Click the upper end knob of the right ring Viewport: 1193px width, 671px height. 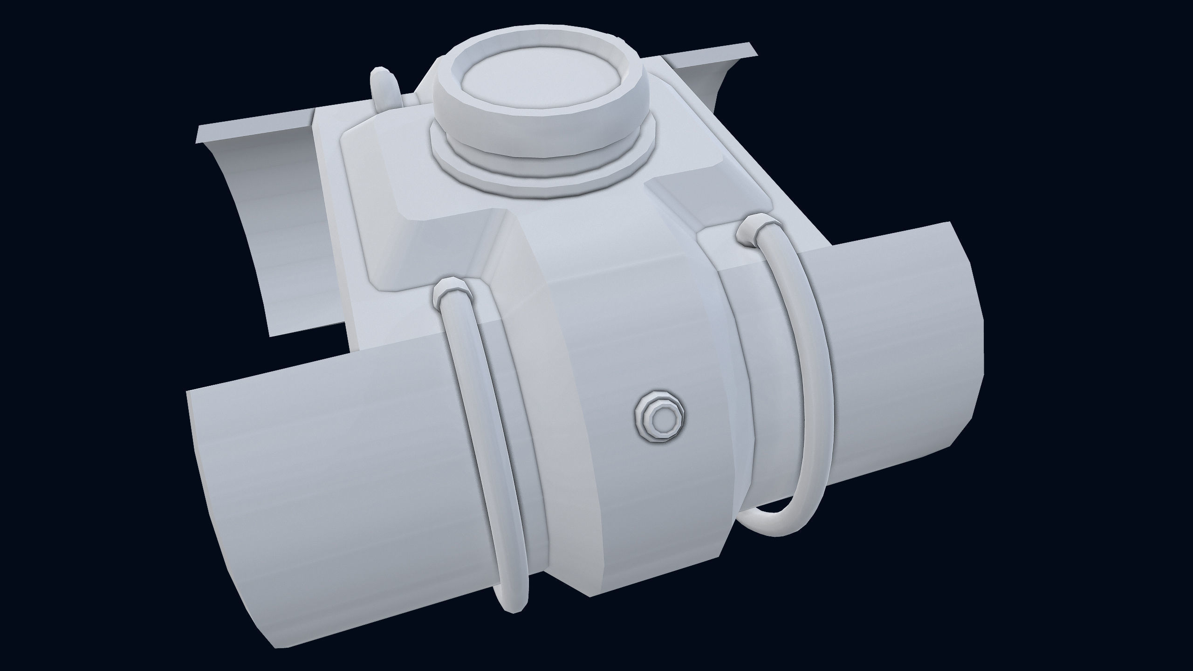point(751,232)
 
